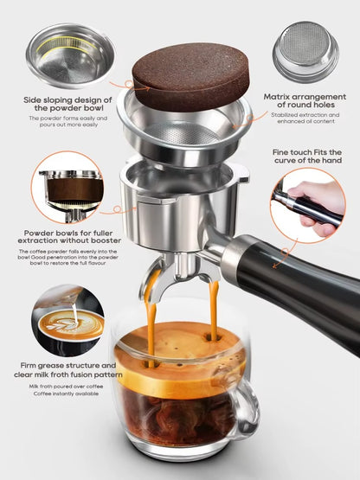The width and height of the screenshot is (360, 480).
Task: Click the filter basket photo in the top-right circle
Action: [305, 49]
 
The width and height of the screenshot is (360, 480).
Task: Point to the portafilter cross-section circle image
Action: [70, 189]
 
